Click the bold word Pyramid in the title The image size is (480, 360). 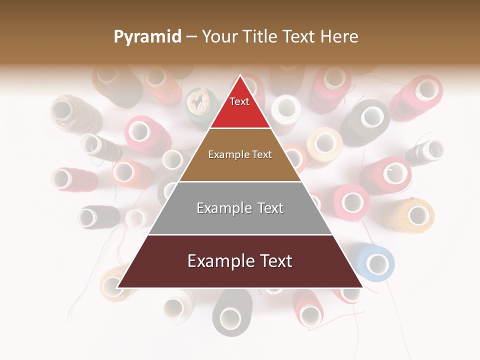pos(147,37)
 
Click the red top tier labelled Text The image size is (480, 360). pos(240,107)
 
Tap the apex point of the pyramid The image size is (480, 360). pos(240,75)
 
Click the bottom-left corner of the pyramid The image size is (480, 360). pos(117,287)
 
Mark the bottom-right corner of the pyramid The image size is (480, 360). pos(362,287)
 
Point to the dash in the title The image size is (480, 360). pos(191,37)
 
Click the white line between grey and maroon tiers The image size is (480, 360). pos(240,234)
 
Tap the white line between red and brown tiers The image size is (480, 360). pos(240,128)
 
